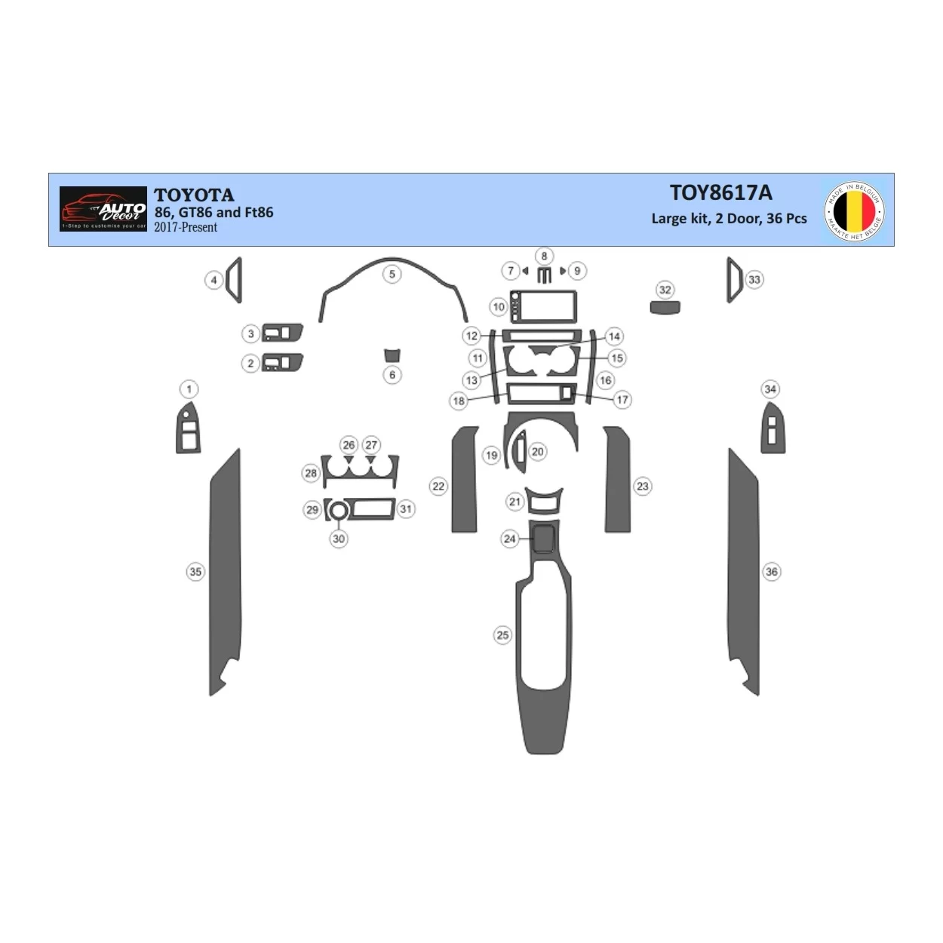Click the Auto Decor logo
point(103,209)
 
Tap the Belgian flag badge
point(855,210)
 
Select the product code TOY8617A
point(720,193)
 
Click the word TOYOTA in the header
point(194,195)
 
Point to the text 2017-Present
point(186,227)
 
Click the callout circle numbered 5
point(392,274)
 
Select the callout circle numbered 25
point(502,635)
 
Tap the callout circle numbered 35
point(195,572)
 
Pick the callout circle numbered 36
point(771,572)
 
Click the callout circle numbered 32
point(665,290)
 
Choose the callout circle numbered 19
point(491,455)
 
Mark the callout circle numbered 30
point(339,539)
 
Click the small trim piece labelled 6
point(392,355)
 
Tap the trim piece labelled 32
point(665,307)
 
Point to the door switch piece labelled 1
point(189,428)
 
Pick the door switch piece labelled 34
point(772,428)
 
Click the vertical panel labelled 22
point(465,479)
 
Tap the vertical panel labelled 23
point(617,479)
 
